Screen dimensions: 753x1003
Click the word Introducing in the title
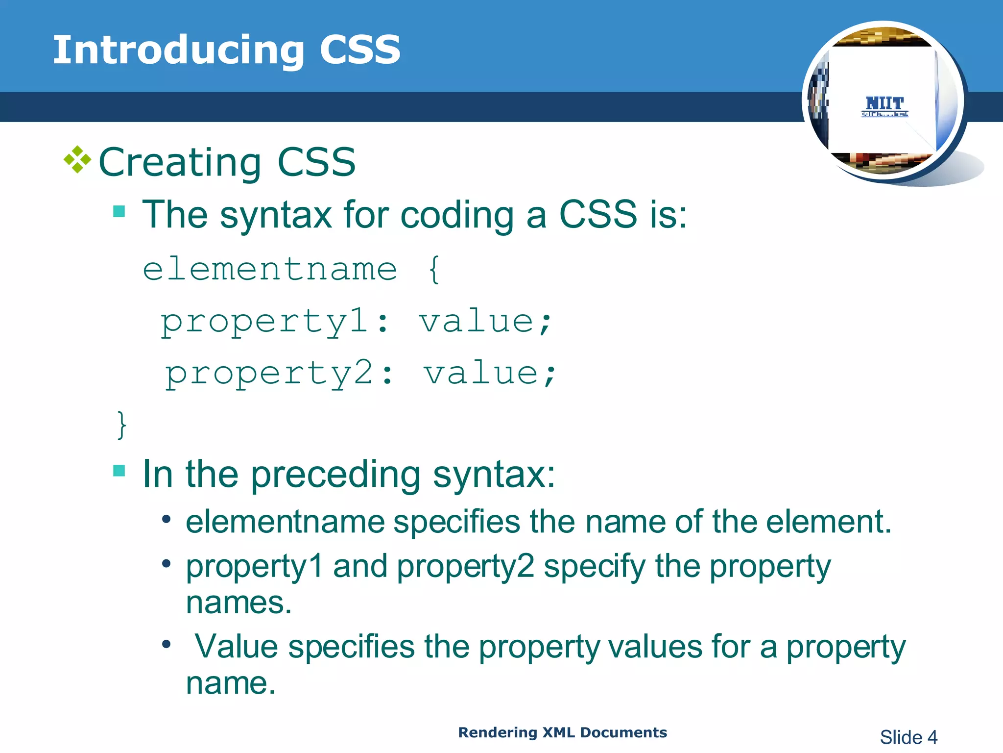178,50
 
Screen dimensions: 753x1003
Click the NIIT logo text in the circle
884,104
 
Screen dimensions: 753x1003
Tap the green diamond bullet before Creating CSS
77,160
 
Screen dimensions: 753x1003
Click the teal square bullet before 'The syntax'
119,211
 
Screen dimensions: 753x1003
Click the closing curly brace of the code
121,425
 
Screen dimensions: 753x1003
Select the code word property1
264,322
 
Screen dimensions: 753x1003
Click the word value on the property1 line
476,322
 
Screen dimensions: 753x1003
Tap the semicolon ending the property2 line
550,376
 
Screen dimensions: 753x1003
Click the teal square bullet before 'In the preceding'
119,471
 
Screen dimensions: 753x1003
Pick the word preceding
335,475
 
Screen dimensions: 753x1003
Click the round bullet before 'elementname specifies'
167,519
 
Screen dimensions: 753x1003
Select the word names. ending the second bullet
239,602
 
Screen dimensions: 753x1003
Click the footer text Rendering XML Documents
562,732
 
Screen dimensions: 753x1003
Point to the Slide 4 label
908,737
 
